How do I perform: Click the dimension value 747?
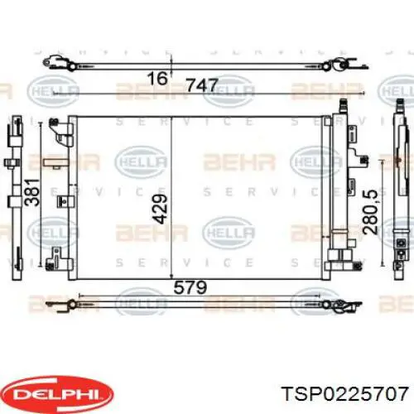click(202, 85)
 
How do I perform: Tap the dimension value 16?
click(157, 78)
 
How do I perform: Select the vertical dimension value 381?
click(31, 192)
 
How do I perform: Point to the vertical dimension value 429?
click(160, 209)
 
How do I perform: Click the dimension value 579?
click(190, 287)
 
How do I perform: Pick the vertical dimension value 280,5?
click(370, 212)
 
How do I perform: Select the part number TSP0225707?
click(346, 393)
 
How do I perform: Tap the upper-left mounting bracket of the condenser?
click(61, 132)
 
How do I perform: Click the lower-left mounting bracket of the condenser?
click(59, 259)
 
